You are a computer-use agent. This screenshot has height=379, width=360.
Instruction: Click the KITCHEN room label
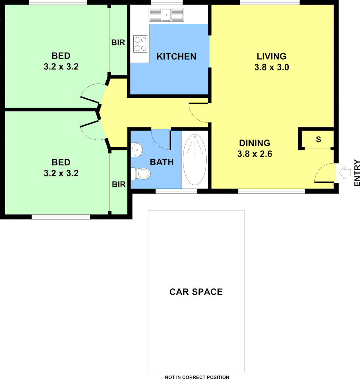pos(176,56)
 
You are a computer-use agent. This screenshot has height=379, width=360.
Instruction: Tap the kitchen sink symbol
pos(166,15)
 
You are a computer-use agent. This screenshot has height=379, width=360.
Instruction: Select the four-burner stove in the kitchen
pos(140,44)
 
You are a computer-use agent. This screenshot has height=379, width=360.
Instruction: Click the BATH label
pos(162,162)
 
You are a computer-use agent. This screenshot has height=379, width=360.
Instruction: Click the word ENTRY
pos(357,173)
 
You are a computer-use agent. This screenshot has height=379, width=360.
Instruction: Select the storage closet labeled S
pos(318,139)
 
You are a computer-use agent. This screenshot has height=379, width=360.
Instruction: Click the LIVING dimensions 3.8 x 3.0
pos(272,67)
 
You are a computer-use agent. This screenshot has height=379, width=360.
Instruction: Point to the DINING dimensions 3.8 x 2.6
pos(255,154)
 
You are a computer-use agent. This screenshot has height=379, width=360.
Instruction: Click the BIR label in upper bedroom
pos(118,43)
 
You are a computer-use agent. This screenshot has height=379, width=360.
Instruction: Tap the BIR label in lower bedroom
pos(119,184)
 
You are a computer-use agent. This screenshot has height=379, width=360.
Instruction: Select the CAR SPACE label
pos(196,292)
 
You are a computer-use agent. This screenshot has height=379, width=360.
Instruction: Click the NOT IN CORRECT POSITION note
pos(197,377)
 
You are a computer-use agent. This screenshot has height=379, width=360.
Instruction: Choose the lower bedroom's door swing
pos(91,129)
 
